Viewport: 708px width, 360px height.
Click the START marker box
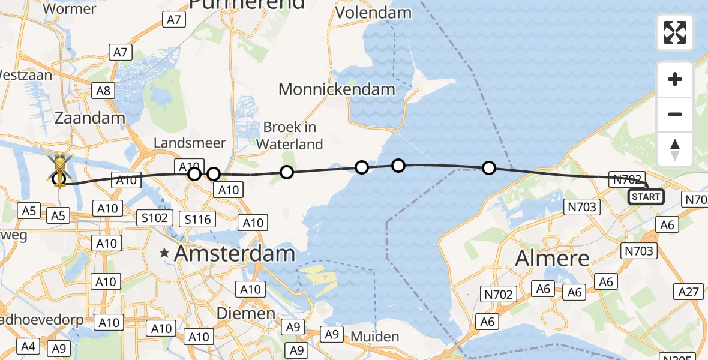coord(646,196)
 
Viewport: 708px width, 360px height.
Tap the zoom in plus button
coord(675,80)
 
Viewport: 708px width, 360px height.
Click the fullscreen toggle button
coord(675,32)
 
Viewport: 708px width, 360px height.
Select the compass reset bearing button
coord(675,148)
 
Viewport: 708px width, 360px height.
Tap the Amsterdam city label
coord(235,253)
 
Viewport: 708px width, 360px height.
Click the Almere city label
coord(553,259)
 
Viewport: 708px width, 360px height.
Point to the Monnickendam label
coord(337,90)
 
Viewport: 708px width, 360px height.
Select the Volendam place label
coord(374,13)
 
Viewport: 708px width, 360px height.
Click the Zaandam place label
coord(90,118)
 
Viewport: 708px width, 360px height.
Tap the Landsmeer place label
coord(190,143)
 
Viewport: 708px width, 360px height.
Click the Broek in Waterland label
coord(289,136)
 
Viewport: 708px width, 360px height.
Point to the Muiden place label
coord(374,336)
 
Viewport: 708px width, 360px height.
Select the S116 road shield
coord(198,219)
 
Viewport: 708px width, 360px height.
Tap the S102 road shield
coord(155,217)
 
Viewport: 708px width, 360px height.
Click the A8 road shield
coord(103,91)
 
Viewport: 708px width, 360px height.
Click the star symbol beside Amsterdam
coord(164,254)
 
